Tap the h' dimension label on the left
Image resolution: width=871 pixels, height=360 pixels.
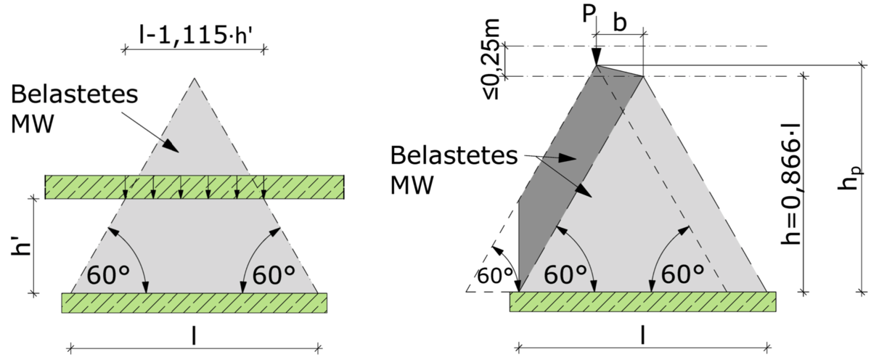tap(21, 245)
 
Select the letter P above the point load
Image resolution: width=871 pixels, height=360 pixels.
tap(589, 14)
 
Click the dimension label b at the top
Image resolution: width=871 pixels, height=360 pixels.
tap(620, 22)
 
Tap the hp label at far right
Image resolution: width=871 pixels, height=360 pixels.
tap(851, 178)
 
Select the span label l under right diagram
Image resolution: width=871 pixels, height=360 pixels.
tap(642, 335)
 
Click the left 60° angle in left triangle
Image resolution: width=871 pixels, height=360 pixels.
tap(107, 275)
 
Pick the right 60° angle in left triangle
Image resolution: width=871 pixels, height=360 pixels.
tap(274, 275)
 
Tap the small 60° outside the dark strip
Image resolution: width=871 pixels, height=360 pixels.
tap(494, 276)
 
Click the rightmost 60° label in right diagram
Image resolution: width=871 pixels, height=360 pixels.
tap(682, 274)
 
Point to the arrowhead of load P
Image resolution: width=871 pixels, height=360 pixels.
tap(597, 57)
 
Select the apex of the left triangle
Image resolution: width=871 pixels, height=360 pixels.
tap(195, 78)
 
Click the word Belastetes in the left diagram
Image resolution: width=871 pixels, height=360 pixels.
tap(74, 94)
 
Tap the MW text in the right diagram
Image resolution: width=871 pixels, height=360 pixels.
tap(412, 185)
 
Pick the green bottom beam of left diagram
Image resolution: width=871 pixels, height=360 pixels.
tap(194, 303)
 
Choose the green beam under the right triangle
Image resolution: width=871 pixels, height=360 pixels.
tap(643, 302)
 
